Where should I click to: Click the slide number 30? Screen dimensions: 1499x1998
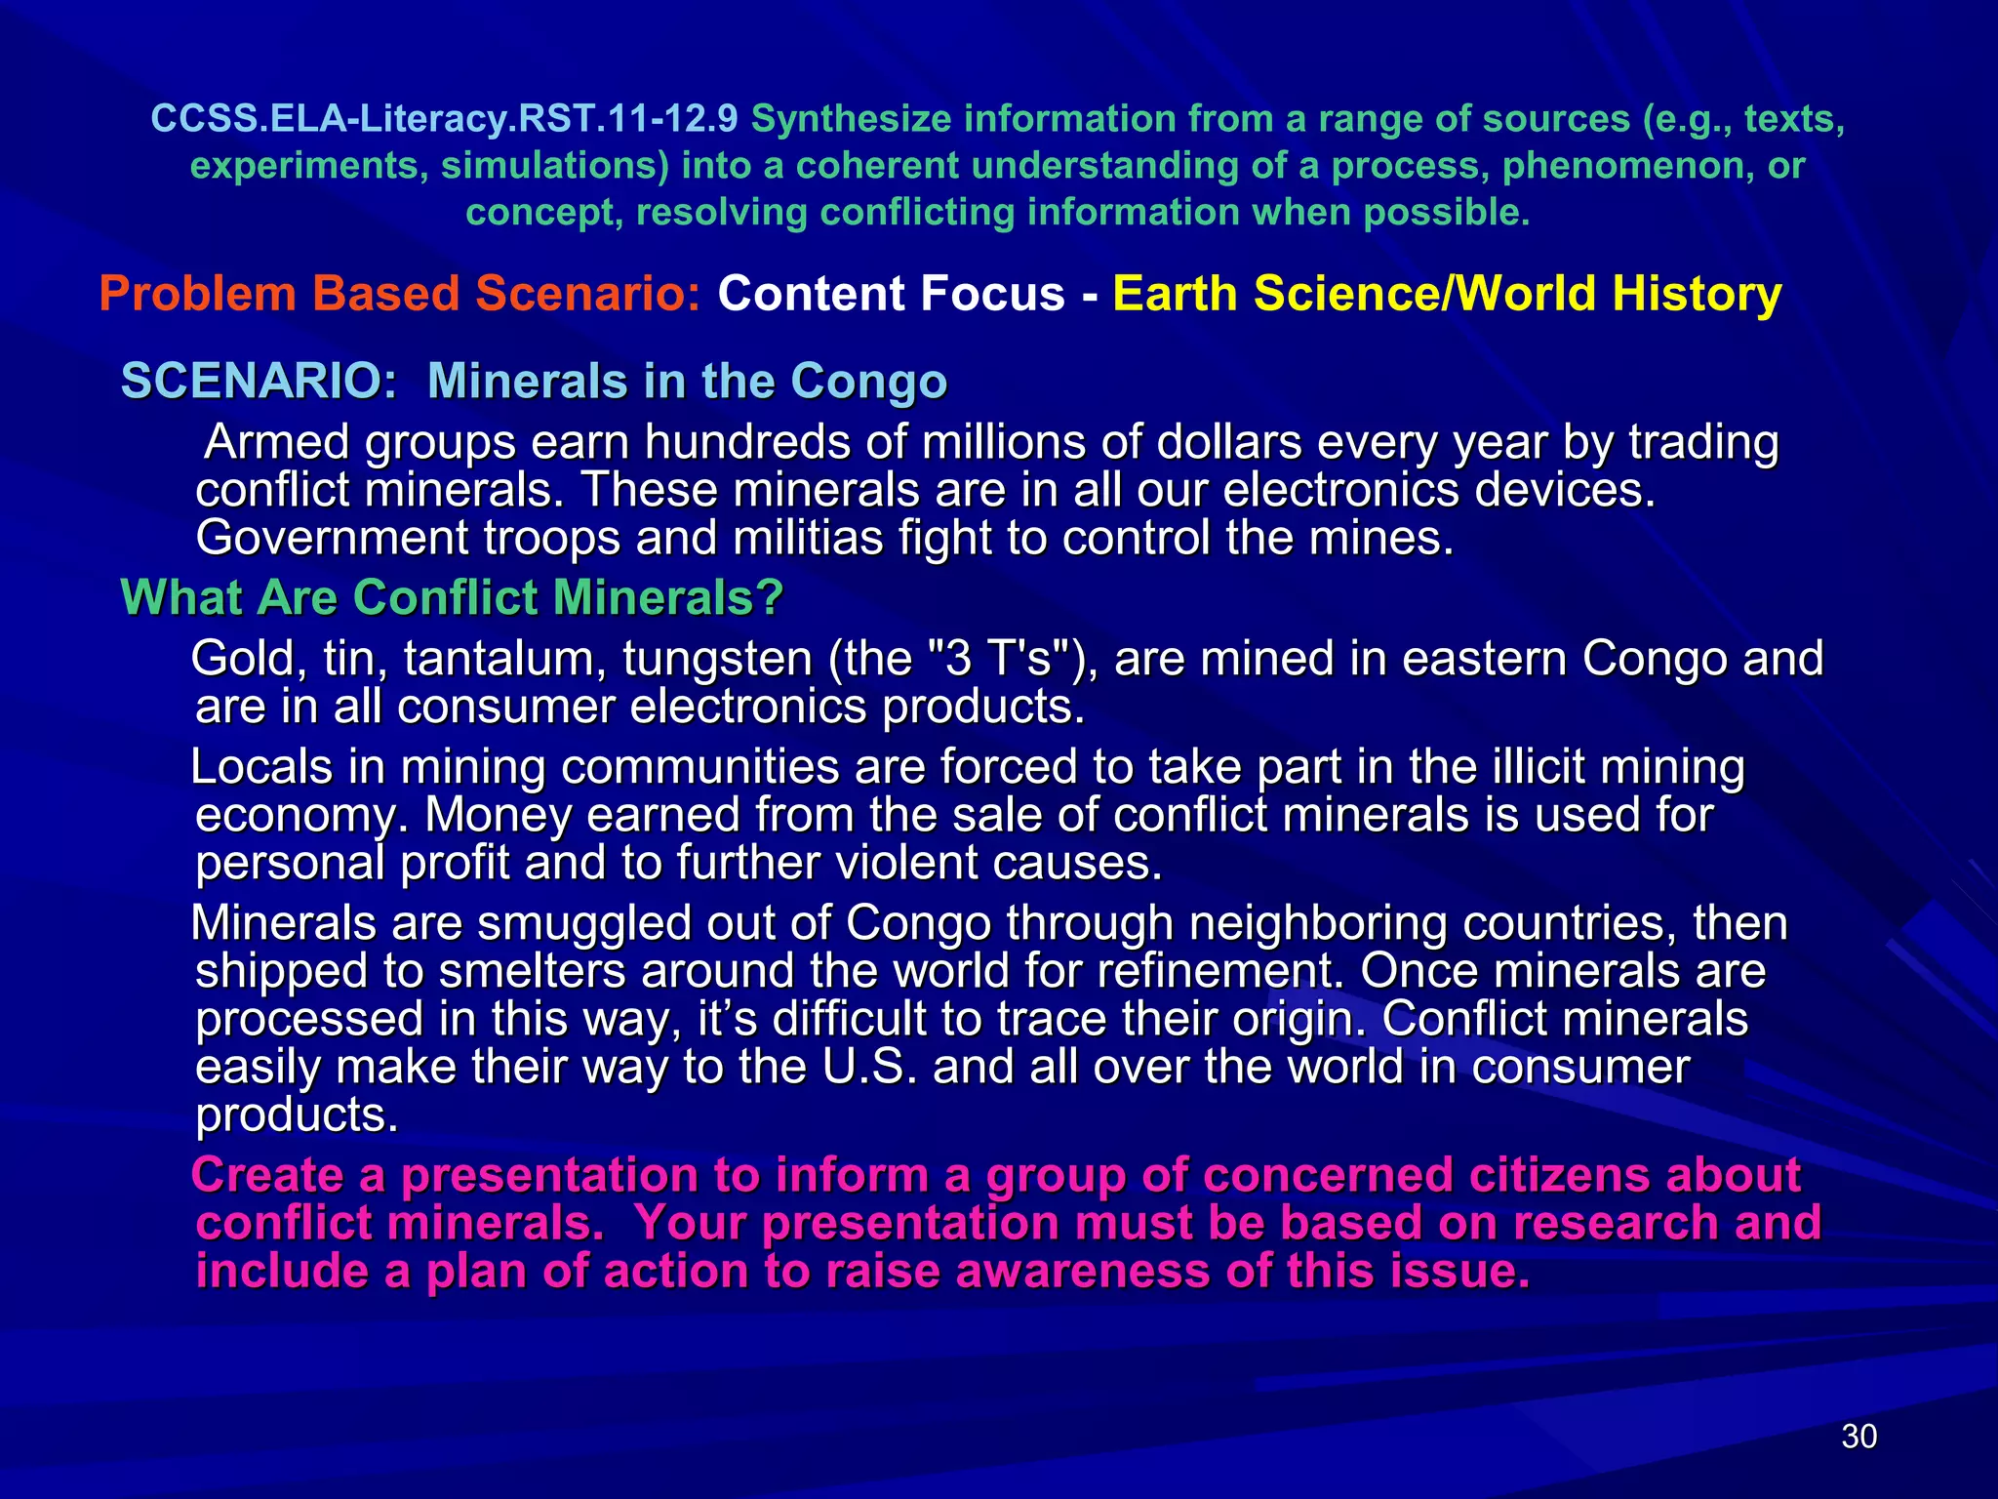point(1858,1436)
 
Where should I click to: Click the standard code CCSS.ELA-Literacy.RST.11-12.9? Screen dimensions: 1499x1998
point(444,119)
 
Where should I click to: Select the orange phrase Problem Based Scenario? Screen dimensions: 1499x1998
point(400,294)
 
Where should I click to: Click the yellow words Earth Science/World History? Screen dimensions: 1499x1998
point(1446,294)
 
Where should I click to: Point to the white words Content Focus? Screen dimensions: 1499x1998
point(891,294)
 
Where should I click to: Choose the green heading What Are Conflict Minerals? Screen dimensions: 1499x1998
point(452,597)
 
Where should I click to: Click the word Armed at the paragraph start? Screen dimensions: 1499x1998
point(277,442)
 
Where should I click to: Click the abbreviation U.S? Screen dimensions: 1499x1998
point(869,1067)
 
